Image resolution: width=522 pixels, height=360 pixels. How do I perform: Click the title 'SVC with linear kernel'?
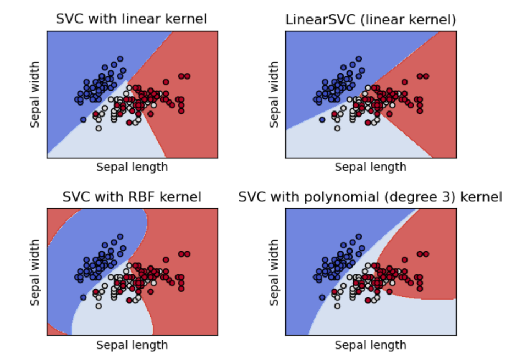point(131,19)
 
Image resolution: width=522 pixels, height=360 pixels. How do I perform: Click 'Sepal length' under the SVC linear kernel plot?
point(132,167)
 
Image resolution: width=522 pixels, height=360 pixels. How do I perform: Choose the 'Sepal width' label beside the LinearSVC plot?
point(273,95)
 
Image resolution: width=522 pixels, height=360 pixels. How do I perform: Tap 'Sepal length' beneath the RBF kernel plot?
point(132,345)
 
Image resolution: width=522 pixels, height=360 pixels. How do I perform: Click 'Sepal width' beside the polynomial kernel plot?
point(273,272)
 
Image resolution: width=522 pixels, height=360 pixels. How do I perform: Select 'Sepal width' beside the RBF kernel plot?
point(35,272)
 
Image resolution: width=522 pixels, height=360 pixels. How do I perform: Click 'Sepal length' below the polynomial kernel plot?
point(370,345)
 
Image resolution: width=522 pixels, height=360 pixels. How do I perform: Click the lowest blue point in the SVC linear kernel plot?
point(84,119)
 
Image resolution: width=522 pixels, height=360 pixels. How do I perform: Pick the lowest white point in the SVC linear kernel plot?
point(98,129)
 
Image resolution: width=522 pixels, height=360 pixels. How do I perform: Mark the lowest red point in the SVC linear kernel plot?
point(129,123)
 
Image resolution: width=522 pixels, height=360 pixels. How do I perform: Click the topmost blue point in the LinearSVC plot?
point(359,58)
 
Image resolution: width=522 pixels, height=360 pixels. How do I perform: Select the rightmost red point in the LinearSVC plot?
point(426,76)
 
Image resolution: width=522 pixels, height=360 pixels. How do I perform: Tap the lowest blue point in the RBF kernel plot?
point(84,297)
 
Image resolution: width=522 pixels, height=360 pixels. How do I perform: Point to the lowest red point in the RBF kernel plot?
point(129,301)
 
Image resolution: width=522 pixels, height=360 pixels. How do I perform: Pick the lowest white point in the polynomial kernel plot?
point(337,306)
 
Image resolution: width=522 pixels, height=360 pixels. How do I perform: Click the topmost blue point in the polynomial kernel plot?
point(359,236)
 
